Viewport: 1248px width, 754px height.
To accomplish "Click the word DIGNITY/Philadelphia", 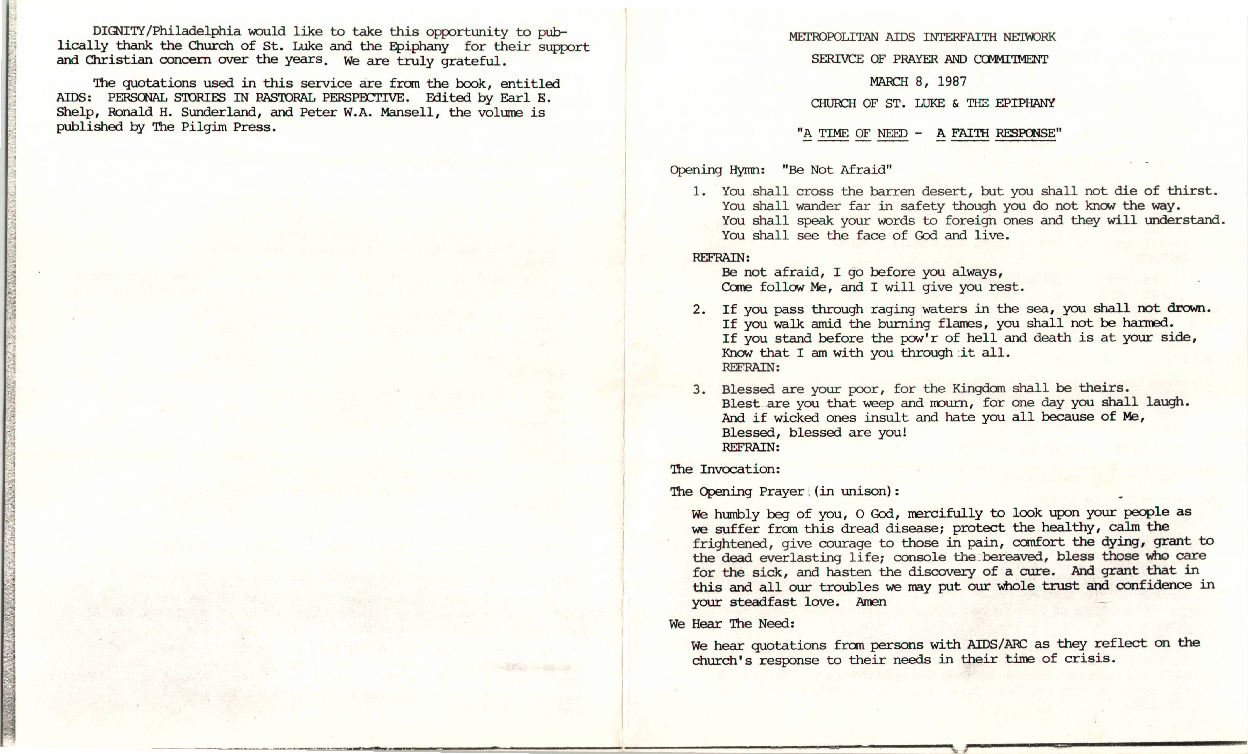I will [x=167, y=31].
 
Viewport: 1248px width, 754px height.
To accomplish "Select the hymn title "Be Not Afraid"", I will [x=837, y=170].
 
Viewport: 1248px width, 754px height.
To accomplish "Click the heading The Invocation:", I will [x=725, y=469].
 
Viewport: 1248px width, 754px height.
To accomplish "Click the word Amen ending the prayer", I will [x=871, y=602].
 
